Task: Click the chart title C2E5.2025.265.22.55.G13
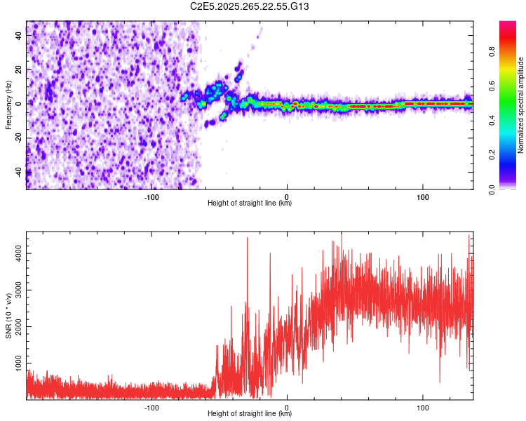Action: point(250,6)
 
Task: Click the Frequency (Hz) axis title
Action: point(8,105)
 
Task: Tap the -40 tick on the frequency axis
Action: point(19,171)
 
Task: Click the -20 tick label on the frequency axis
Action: point(19,138)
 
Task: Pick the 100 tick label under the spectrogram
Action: point(422,197)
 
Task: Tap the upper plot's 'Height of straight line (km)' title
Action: point(250,203)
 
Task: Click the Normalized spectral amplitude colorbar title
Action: point(520,105)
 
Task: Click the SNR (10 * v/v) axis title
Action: point(8,315)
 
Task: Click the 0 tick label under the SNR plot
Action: point(288,408)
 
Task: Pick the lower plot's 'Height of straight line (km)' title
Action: point(250,414)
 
